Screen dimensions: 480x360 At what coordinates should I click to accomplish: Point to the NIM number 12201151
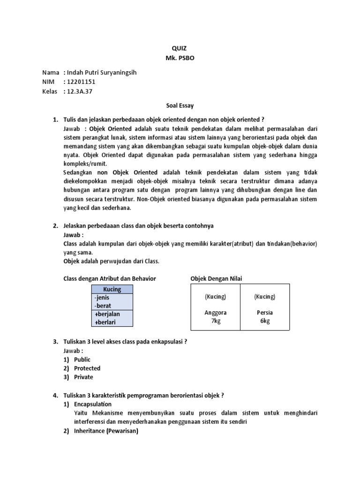click(81, 82)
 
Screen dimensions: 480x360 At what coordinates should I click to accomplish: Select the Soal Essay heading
click(180, 106)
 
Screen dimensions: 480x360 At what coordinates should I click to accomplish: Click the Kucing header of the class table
click(112, 289)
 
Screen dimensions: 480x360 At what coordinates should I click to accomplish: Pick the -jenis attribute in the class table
click(101, 297)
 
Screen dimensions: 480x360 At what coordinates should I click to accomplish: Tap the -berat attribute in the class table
click(102, 306)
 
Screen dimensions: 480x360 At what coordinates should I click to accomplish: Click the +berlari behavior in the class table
click(105, 322)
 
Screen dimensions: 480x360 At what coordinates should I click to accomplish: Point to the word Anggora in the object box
click(215, 313)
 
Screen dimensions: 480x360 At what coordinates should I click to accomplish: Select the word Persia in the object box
click(265, 313)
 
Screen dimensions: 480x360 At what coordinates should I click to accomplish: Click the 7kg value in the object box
click(215, 321)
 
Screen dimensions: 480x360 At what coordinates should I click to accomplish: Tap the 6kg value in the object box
click(265, 321)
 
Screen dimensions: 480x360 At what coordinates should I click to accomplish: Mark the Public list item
click(82, 360)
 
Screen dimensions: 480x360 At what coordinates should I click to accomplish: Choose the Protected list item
click(87, 368)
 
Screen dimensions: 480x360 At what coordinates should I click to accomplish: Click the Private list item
click(83, 377)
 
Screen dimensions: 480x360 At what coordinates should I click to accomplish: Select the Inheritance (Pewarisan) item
click(106, 431)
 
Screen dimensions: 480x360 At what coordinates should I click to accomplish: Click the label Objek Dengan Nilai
click(217, 279)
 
